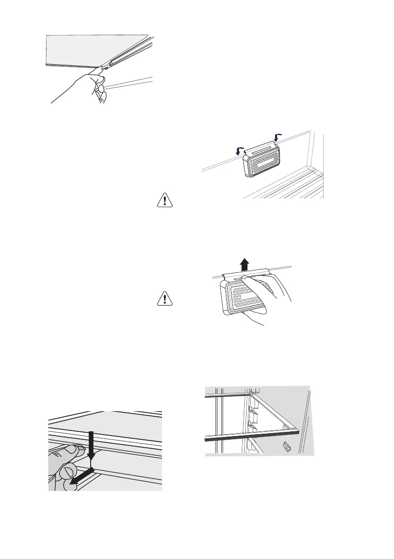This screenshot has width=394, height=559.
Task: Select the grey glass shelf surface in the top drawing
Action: click(x=94, y=49)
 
